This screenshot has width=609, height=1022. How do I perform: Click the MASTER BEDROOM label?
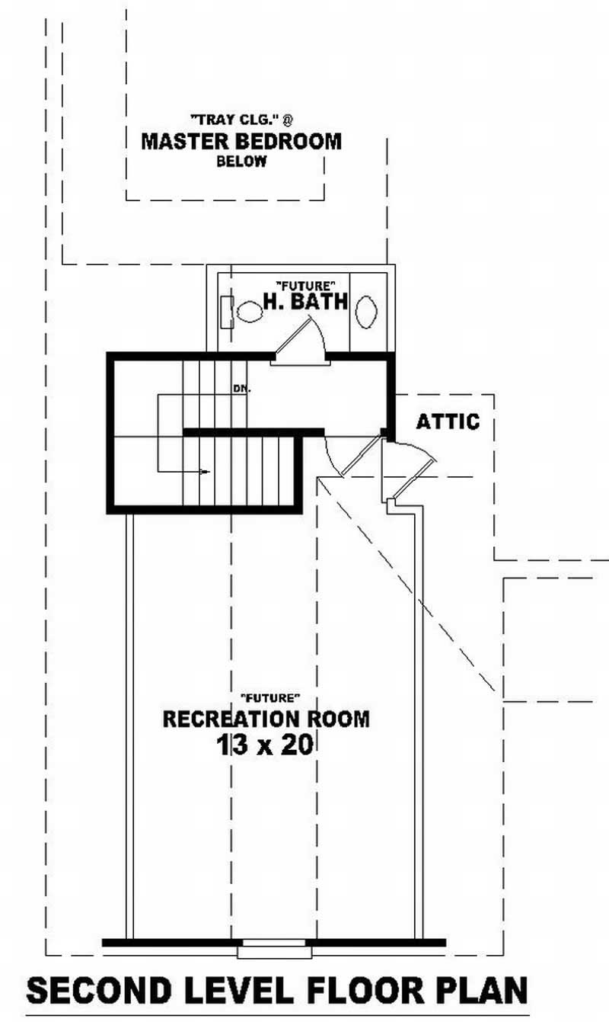[x=241, y=141]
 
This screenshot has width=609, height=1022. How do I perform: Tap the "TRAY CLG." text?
[x=237, y=119]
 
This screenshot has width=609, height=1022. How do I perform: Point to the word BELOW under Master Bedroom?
[x=241, y=162]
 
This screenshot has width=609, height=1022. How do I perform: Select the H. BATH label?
[x=305, y=301]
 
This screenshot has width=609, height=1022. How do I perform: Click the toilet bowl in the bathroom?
[x=249, y=311]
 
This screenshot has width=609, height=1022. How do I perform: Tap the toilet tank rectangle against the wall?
[x=226, y=311]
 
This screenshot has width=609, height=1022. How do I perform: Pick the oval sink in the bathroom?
[x=366, y=311]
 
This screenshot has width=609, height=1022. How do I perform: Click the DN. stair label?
[x=242, y=388]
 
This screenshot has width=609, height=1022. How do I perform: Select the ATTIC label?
[x=448, y=421]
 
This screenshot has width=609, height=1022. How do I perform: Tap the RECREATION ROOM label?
[x=266, y=719]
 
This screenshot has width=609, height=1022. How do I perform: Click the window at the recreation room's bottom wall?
[x=273, y=950]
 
